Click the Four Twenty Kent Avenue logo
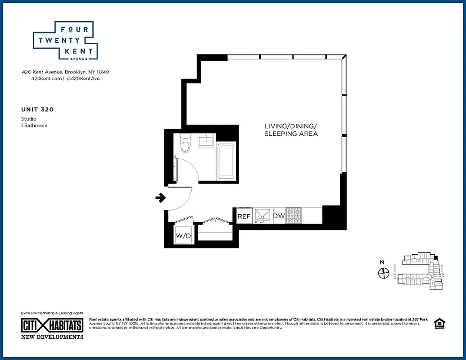pyautogui.click(x=65, y=41)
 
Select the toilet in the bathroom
pyautogui.click(x=185, y=143)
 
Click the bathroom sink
pyautogui.click(x=207, y=140)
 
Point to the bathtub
pyautogui.click(x=226, y=161)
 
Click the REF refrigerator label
pyautogui.click(x=244, y=216)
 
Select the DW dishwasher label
pyautogui.click(x=279, y=216)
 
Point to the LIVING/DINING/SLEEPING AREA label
pyautogui.click(x=291, y=130)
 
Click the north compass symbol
pyautogui.click(x=384, y=272)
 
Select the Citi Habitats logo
pyautogui.click(x=52, y=325)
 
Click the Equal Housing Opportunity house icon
pyautogui.click(x=439, y=324)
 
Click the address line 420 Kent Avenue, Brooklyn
pyautogui.click(x=65, y=72)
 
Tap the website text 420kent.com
pyautogui.click(x=46, y=78)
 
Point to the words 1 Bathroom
pyautogui.click(x=34, y=125)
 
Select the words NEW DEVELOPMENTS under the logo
pyautogui.click(x=52, y=337)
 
